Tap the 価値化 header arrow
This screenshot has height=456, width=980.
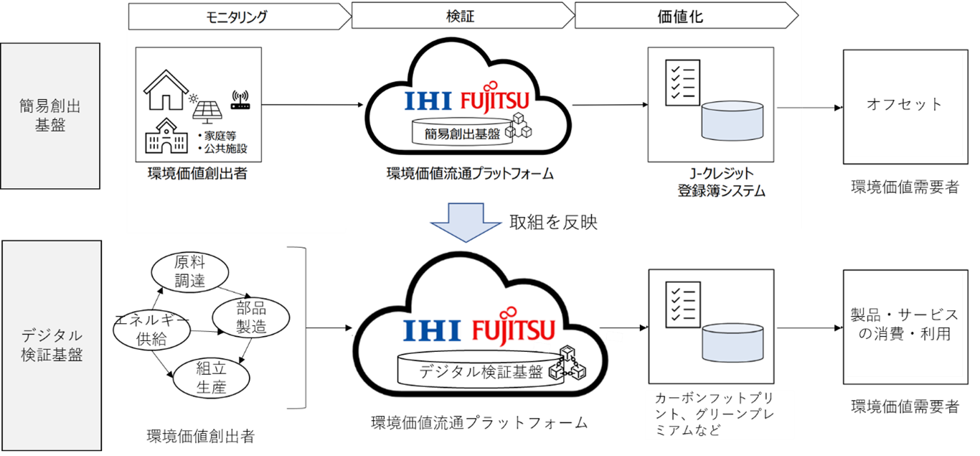tap(685, 17)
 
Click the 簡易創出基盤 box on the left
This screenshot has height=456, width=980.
tap(50, 116)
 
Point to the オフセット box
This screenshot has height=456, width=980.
tap(904, 105)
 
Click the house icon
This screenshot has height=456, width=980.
tap(166, 89)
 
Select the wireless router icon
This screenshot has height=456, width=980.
tap(239, 101)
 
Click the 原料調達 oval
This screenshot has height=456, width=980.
tap(190, 272)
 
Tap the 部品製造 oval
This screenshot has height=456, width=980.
tap(251, 317)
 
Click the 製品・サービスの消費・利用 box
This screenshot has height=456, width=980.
tap(904, 325)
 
